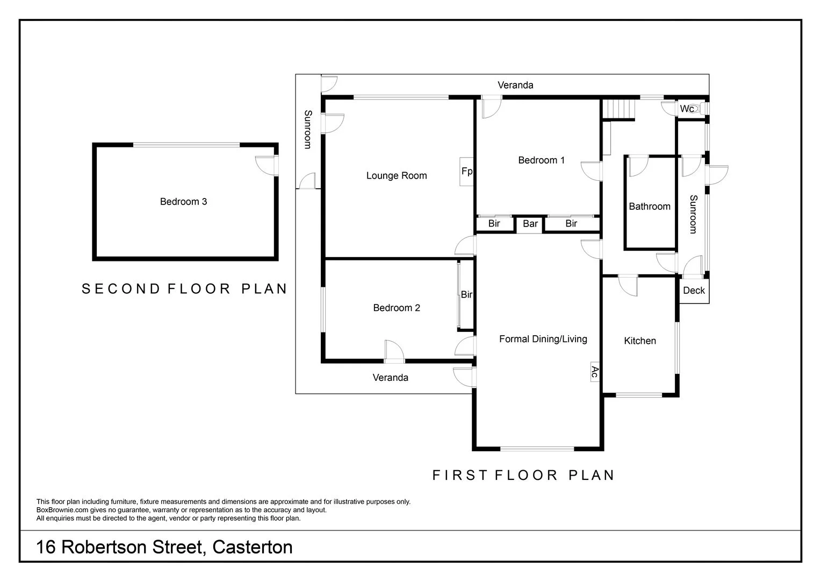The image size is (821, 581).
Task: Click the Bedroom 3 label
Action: [x=183, y=202]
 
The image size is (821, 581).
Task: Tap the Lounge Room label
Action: [x=397, y=175]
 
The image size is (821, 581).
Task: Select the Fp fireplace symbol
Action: [x=466, y=171]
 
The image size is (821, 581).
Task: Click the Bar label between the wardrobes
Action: [x=530, y=224]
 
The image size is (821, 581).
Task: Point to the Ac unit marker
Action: [x=594, y=371]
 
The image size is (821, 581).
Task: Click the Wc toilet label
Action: [x=687, y=109]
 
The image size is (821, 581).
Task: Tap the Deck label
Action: [x=694, y=290]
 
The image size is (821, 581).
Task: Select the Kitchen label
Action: [x=639, y=341]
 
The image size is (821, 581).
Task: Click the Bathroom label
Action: [x=650, y=207]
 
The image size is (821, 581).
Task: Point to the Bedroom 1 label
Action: [x=541, y=160]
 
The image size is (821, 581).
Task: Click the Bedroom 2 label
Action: [x=397, y=308]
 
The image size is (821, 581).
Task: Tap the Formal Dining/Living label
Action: [x=543, y=339]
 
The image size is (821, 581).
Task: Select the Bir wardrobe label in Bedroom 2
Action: [x=466, y=295]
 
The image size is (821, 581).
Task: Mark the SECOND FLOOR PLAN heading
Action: [x=184, y=289]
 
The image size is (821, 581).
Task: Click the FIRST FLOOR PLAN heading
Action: [x=523, y=475]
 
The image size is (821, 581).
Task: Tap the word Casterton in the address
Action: [x=253, y=547]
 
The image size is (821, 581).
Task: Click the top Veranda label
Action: [x=515, y=85]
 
